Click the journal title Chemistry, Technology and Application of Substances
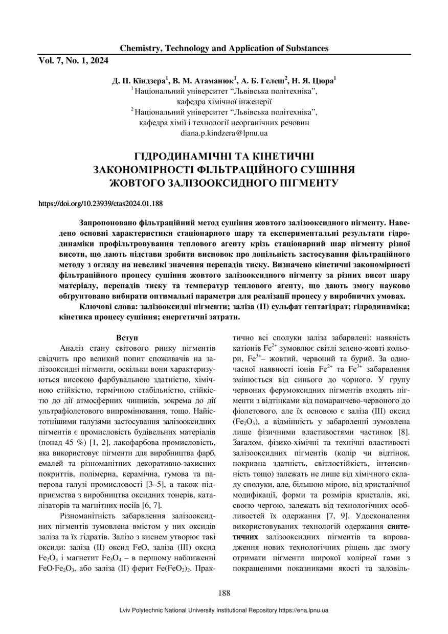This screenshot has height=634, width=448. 224,49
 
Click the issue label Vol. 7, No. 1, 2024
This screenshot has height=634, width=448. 74,61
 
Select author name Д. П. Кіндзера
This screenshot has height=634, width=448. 140,81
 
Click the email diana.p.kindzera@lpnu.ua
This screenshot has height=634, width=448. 224,133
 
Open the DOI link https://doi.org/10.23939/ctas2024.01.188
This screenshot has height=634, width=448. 101,203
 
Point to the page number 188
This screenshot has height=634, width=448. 224,593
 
